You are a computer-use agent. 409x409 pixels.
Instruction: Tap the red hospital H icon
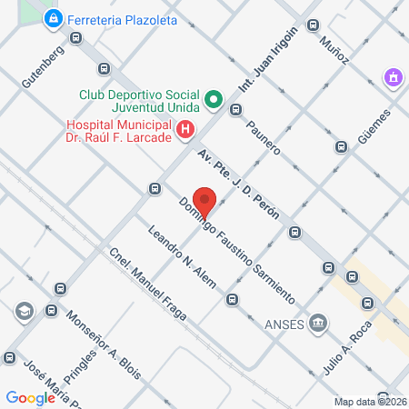(186, 131)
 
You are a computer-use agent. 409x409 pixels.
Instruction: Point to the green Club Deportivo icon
(214, 99)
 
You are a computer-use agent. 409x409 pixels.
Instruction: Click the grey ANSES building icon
(318, 322)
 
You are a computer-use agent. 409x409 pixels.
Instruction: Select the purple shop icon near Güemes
(393, 78)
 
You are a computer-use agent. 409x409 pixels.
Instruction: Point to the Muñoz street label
(334, 50)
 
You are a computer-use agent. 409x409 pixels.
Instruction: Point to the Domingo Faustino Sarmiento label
(236, 250)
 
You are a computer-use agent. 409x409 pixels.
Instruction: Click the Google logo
(31, 397)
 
